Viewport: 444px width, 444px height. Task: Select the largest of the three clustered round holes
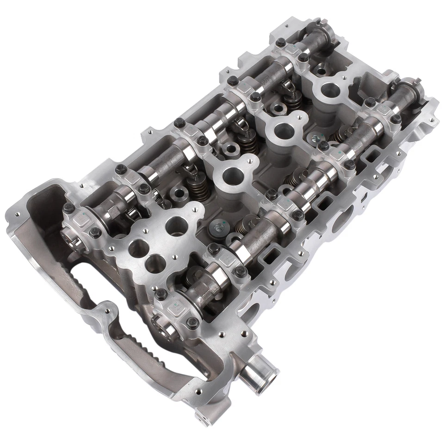177,226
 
